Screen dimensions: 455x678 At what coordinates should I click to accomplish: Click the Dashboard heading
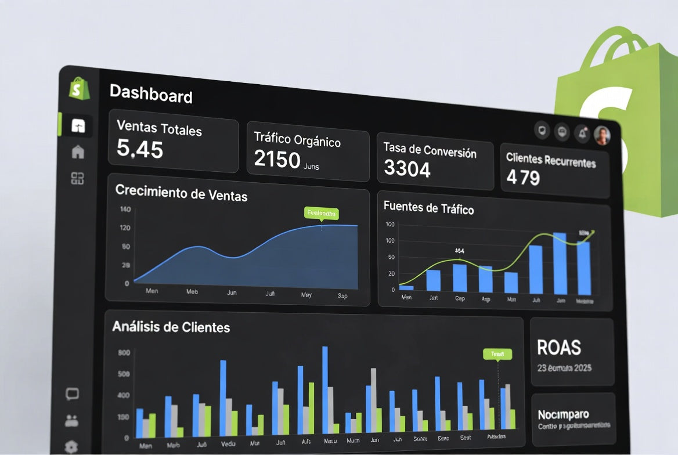tap(151, 93)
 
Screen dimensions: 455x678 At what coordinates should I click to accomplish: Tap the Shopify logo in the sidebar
tap(79, 89)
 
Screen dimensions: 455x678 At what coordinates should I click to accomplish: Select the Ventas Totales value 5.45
tap(140, 149)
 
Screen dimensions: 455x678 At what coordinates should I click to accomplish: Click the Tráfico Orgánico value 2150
tap(277, 158)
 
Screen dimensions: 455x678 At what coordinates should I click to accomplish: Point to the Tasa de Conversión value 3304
tap(407, 169)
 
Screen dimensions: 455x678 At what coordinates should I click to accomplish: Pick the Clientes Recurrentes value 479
tap(523, 177)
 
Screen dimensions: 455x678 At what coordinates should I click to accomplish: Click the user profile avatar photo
tap(602, 135)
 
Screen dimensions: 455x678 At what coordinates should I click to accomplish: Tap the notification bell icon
tap(582, 133)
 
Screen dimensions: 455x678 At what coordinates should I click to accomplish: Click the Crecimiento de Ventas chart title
tap(181, 192)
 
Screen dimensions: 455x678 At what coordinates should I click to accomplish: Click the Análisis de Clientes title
tap(171, 327)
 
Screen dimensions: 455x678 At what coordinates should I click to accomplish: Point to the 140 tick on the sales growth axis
tap(125, 209)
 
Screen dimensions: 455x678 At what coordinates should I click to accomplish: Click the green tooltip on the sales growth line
tap(321, 213)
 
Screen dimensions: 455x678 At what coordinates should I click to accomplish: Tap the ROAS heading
tap(559, 347)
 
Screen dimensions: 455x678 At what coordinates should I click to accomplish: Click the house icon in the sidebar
tap(78, 152)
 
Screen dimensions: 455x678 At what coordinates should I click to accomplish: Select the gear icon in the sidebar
tap(71, 446)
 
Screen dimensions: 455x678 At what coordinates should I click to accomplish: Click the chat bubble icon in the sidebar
tap(72, 395)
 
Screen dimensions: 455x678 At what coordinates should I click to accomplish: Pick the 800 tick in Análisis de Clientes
tap(124, 352)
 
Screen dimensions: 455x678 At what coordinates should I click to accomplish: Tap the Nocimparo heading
tap(563, 414)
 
